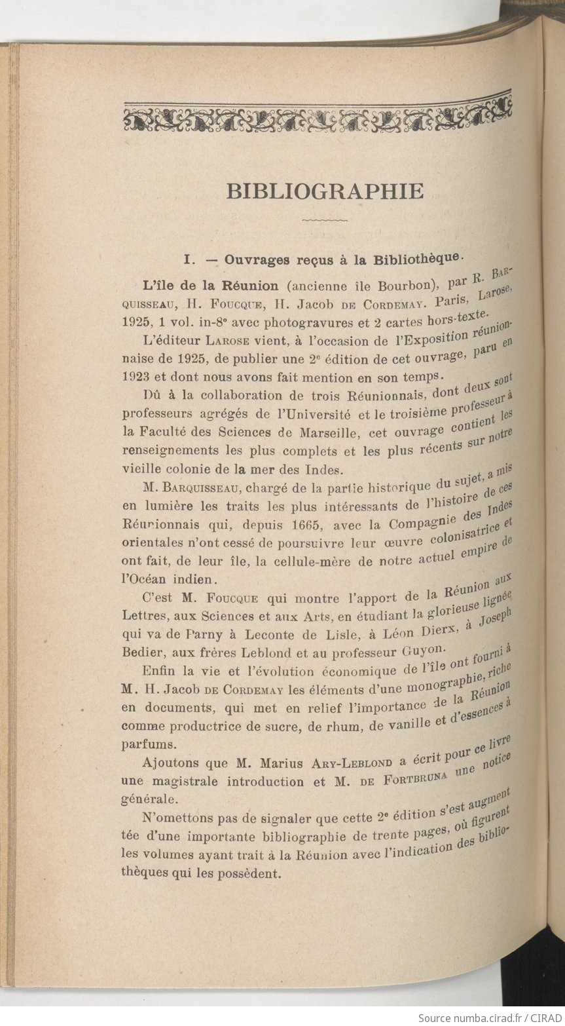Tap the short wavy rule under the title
(x=325, y=220)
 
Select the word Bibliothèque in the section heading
(x=416, y=257)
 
